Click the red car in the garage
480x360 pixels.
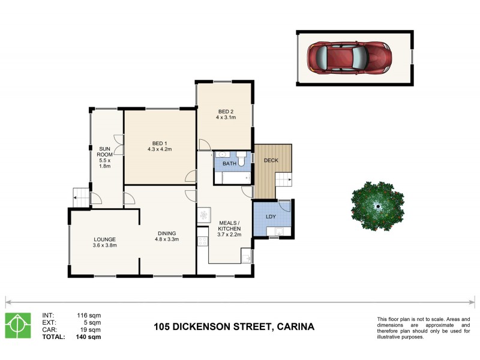tap(347, 58)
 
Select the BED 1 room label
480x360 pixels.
tap(159, 143)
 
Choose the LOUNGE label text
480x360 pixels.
tap(104, 239)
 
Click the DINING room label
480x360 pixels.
tap(167, 233)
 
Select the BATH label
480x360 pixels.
tap(229, 163)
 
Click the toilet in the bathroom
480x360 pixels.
tap(242, 160)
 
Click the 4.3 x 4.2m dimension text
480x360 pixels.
tap(159, 149)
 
